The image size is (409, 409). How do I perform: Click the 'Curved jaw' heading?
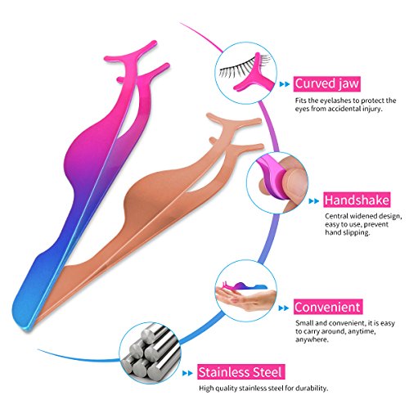point(327,83)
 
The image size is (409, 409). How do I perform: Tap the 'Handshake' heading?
point(357,200)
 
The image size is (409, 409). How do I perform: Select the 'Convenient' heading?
point(328,307)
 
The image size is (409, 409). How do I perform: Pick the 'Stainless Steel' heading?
point(241,372)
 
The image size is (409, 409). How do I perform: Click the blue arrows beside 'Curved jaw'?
point(285,84)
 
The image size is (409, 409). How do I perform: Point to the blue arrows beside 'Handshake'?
point(314,201)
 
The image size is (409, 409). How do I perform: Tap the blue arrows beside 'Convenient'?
point(284,308)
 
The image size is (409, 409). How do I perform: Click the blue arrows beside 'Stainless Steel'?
point(187,373)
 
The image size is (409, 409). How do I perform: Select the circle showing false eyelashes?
point(247,73)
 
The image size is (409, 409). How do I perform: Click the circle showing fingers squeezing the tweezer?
point(277,183)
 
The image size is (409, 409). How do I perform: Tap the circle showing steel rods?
point(150,353)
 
